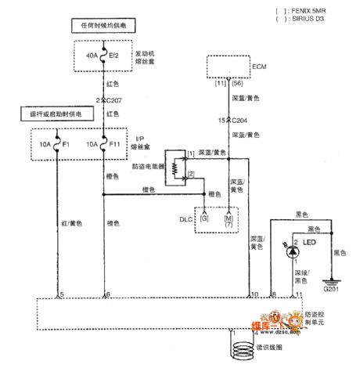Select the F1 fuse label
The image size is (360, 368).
click(67, 146)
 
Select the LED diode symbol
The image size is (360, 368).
click(293, 251)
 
